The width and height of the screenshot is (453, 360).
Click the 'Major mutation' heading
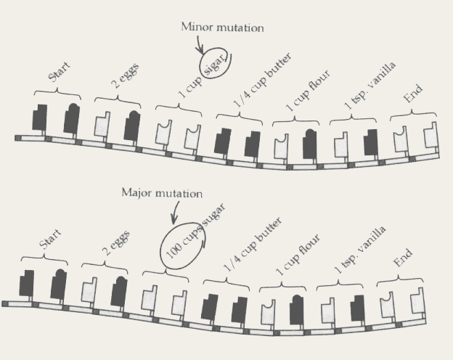click(x=162, y=194)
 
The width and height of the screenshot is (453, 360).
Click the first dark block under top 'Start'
click(x=40, y=118)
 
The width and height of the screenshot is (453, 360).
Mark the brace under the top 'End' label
click(x=413, y=115)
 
